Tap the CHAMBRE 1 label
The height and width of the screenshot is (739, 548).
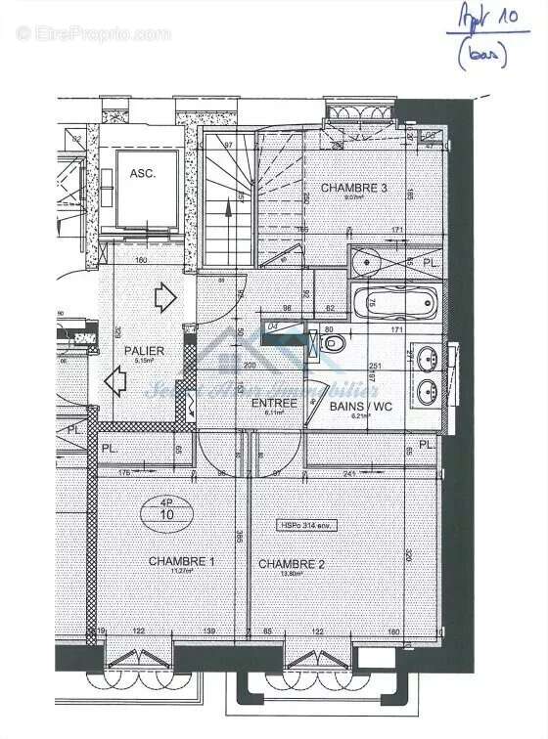[x=181, y=561]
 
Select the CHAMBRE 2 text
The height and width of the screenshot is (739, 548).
[x=291, y=564]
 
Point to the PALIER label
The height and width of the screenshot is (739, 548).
[x=144, y=350]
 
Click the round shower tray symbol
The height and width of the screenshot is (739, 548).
[x=366, y=260]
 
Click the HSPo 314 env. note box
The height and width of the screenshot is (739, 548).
[x=307, y=525]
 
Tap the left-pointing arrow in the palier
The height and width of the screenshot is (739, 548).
[x=115, y=383]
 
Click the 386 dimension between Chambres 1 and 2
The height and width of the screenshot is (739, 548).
[x=240, y=537]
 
